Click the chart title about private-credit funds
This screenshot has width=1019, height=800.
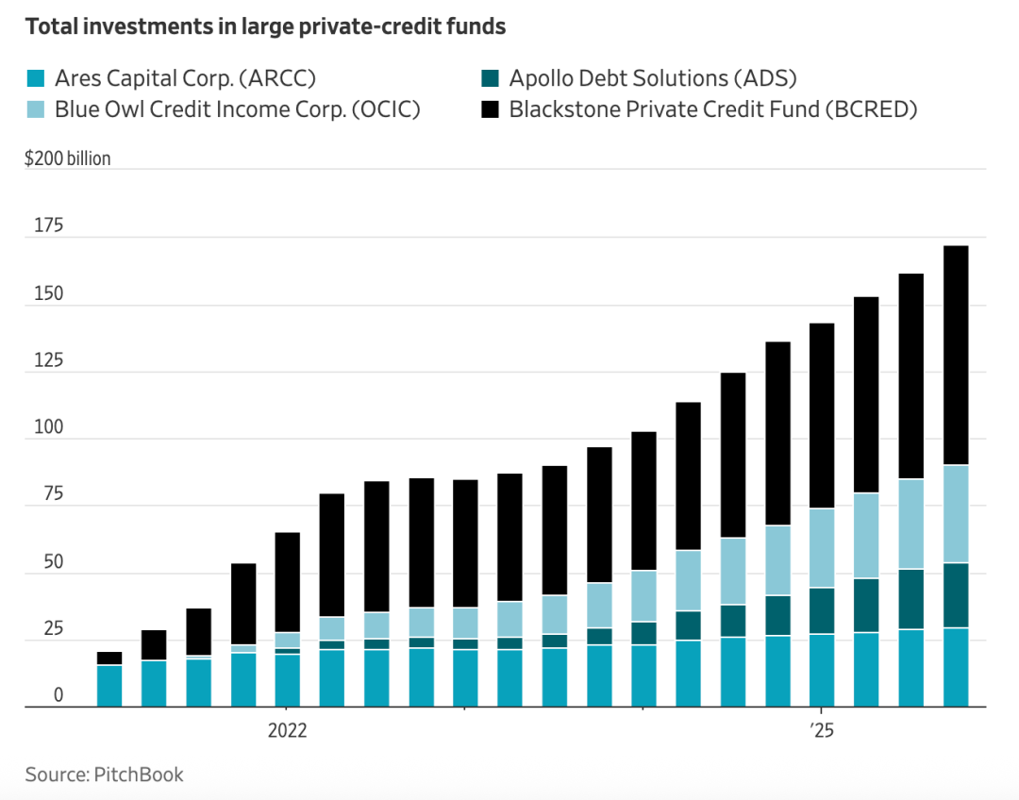point(265,26)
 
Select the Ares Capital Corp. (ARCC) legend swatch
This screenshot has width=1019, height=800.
point(35,78)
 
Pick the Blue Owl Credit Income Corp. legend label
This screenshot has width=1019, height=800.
point(237,108)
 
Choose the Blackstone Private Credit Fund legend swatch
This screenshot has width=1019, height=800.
point(490,108)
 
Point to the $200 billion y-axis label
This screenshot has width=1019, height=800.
point(68,158)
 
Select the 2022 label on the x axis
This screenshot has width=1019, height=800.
point(288,731)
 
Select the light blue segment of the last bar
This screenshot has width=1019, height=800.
point(956,514)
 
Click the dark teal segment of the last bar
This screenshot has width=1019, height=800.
point(956,595)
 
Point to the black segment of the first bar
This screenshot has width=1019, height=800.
point(109,658)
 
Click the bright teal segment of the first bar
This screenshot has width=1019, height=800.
point(109,686)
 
